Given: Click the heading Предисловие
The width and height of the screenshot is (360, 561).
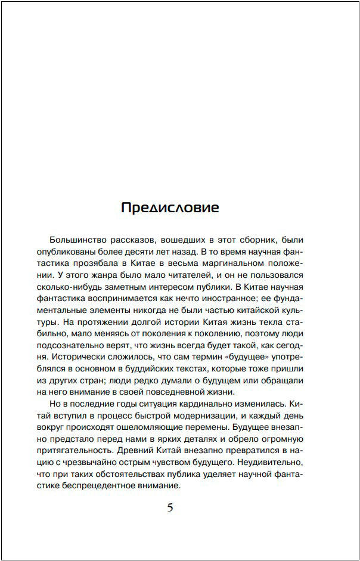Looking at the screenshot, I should coord(170,207).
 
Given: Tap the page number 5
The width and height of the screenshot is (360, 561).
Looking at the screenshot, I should coord(170,508).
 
